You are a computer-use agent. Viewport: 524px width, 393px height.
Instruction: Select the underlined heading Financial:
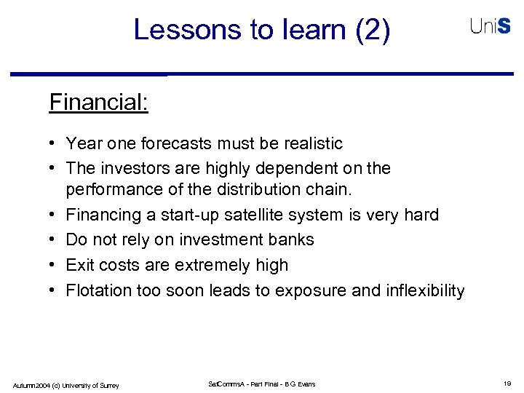point(98,102)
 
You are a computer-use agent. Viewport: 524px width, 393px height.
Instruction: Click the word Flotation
point(99,290)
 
